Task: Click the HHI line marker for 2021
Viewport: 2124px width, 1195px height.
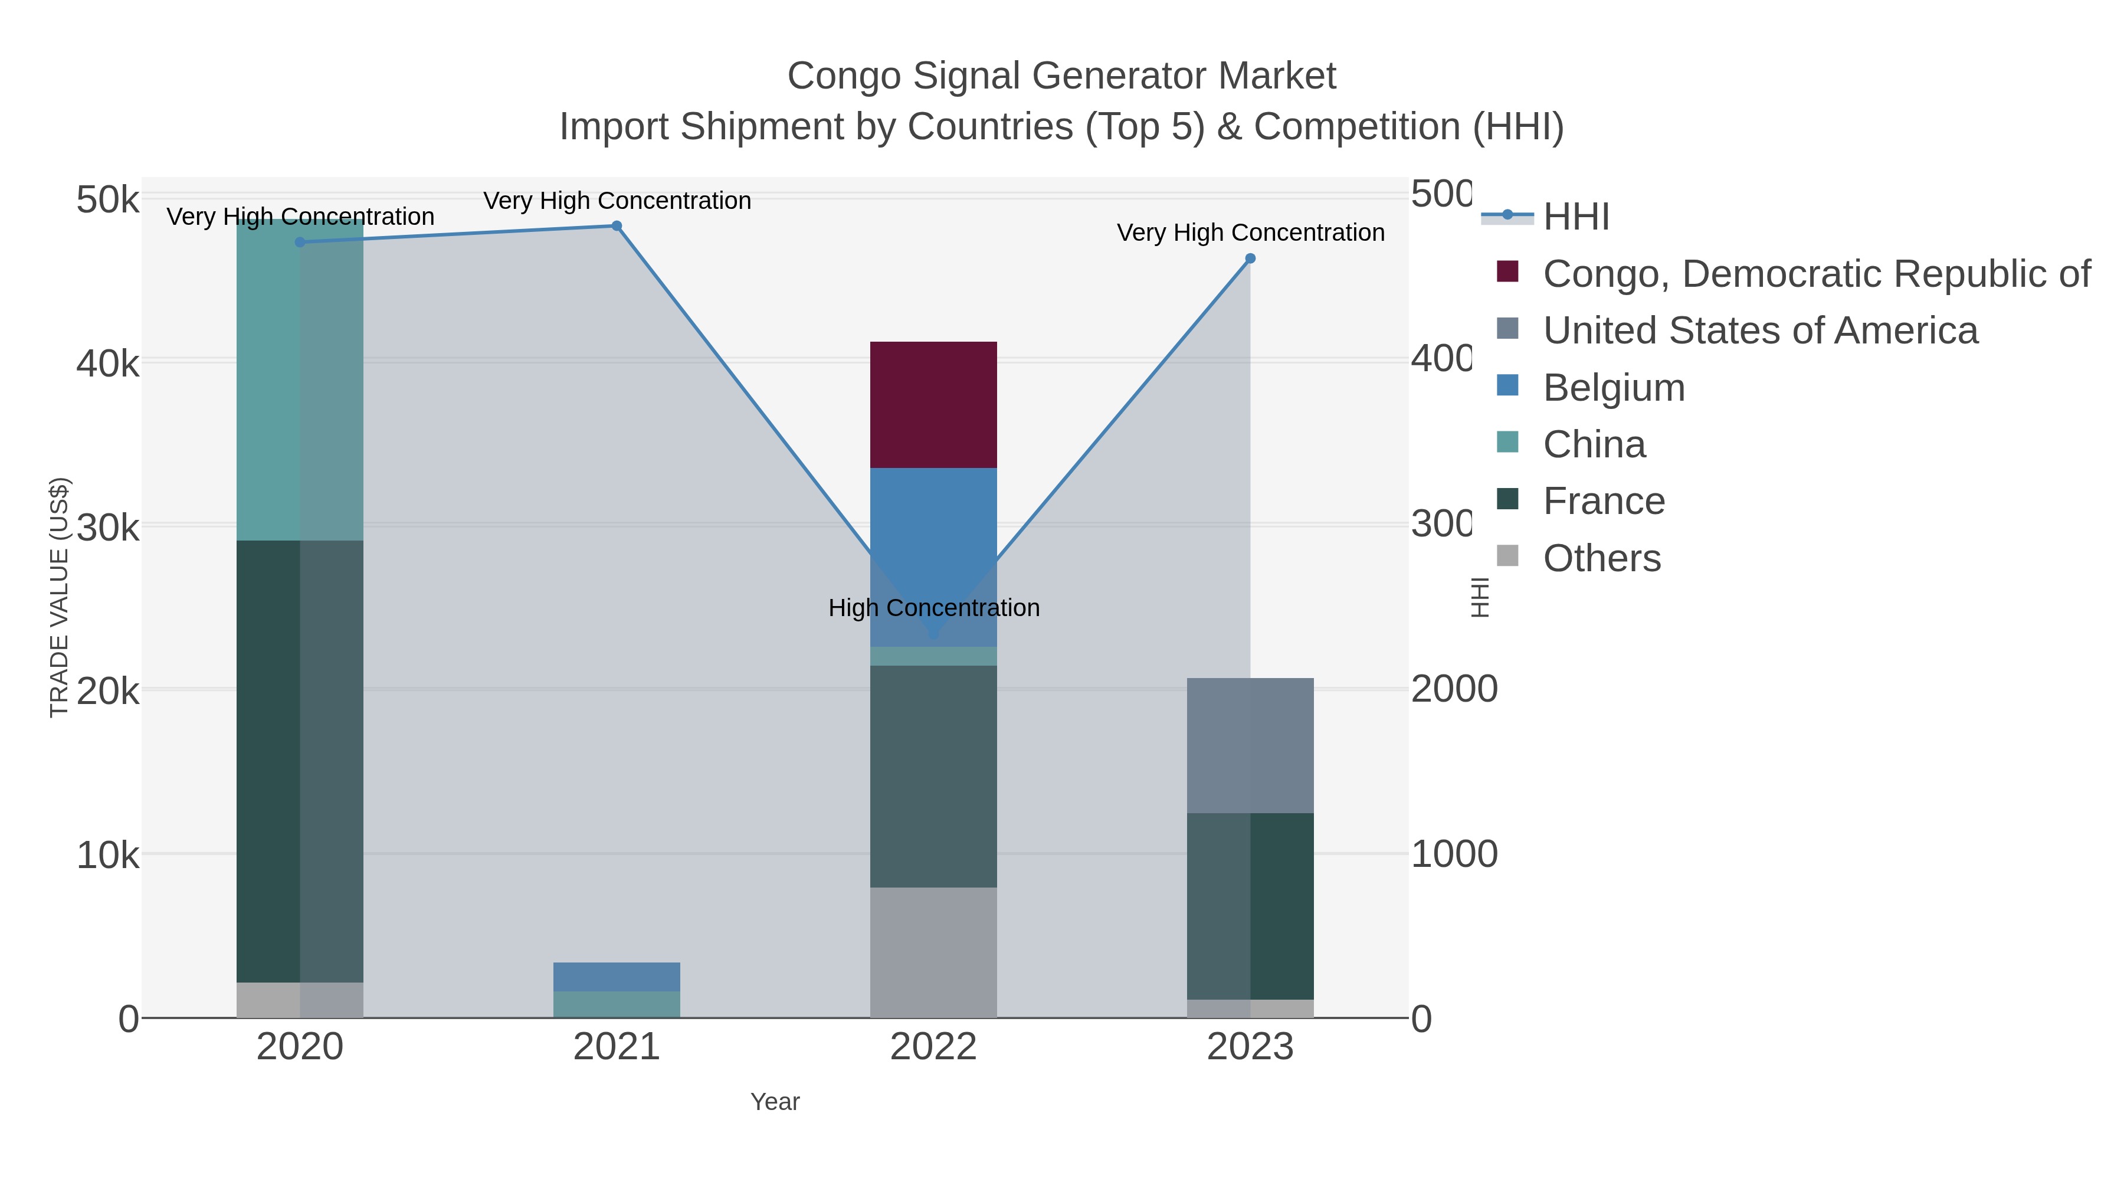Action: (x=616, y=226)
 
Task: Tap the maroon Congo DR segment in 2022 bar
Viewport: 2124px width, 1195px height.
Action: (x=933, y=404)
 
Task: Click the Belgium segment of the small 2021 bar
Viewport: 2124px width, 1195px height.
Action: (x=616, y=977)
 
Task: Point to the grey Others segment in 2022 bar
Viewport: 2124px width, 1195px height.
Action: (x=933, y=952)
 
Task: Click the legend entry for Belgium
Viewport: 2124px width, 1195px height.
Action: (x=1613, y=388)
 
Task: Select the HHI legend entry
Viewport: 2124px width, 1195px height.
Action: (x=1575, y=217)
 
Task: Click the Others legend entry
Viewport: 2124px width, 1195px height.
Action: (x=1601, y=558)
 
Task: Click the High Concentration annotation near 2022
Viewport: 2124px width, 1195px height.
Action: (x=933, y=608)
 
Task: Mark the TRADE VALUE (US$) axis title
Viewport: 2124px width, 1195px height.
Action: (x=60, y=597)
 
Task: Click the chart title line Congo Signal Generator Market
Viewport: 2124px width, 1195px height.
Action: (x=1061, y=76)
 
